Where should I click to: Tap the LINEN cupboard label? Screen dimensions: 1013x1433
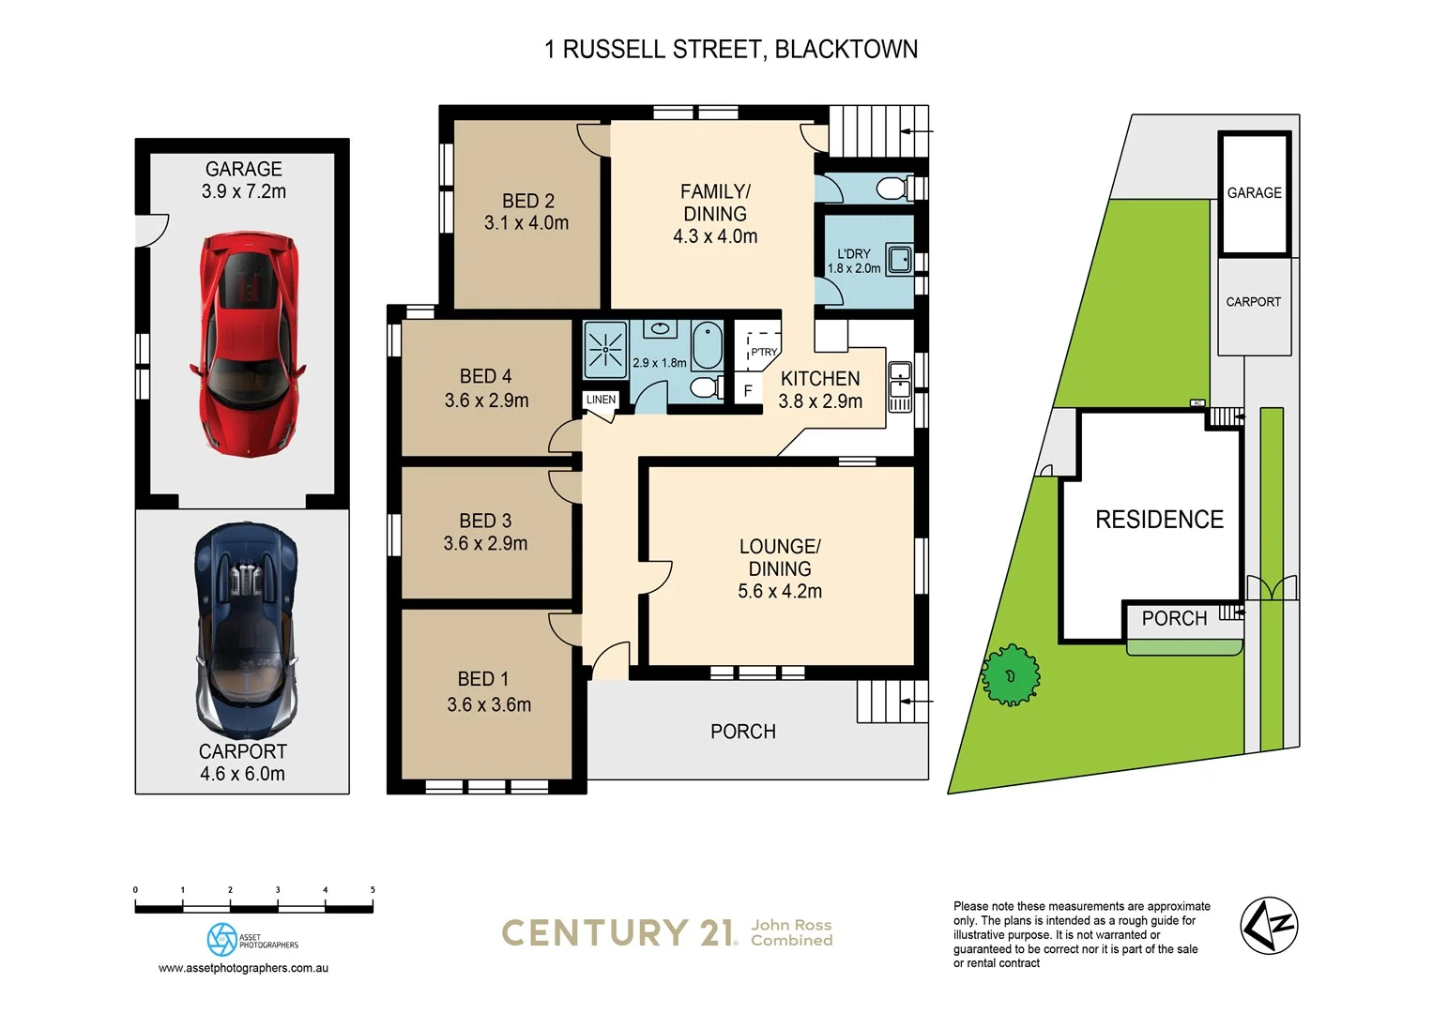click(601, 400)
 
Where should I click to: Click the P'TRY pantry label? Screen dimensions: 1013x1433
click(764, 352)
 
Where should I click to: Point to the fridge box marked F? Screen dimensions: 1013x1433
click(748, 390)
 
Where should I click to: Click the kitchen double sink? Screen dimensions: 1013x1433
click(899, 386)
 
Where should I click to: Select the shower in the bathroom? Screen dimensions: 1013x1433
click(605, 350)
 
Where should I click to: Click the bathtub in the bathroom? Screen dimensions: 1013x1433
click(707, 346)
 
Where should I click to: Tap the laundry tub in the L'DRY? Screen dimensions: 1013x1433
click(899, 259)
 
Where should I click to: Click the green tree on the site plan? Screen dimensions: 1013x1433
click(1010, 674)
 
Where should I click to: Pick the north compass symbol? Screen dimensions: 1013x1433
click(1269, 926)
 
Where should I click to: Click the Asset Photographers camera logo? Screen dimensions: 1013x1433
click(222, 939)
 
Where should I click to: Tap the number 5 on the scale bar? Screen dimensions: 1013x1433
click(373, 890)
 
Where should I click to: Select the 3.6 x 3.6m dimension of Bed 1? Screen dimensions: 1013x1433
click(489, 705)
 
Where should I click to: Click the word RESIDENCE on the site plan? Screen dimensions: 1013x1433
click(1159, 520)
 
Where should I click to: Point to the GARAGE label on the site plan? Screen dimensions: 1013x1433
click(1254, 192)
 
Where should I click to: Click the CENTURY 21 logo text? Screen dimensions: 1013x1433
click(618, 932)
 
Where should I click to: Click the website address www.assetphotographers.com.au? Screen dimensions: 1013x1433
click(243, 968)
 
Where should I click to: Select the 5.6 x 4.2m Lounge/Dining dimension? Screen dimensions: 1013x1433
click(779, 592)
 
